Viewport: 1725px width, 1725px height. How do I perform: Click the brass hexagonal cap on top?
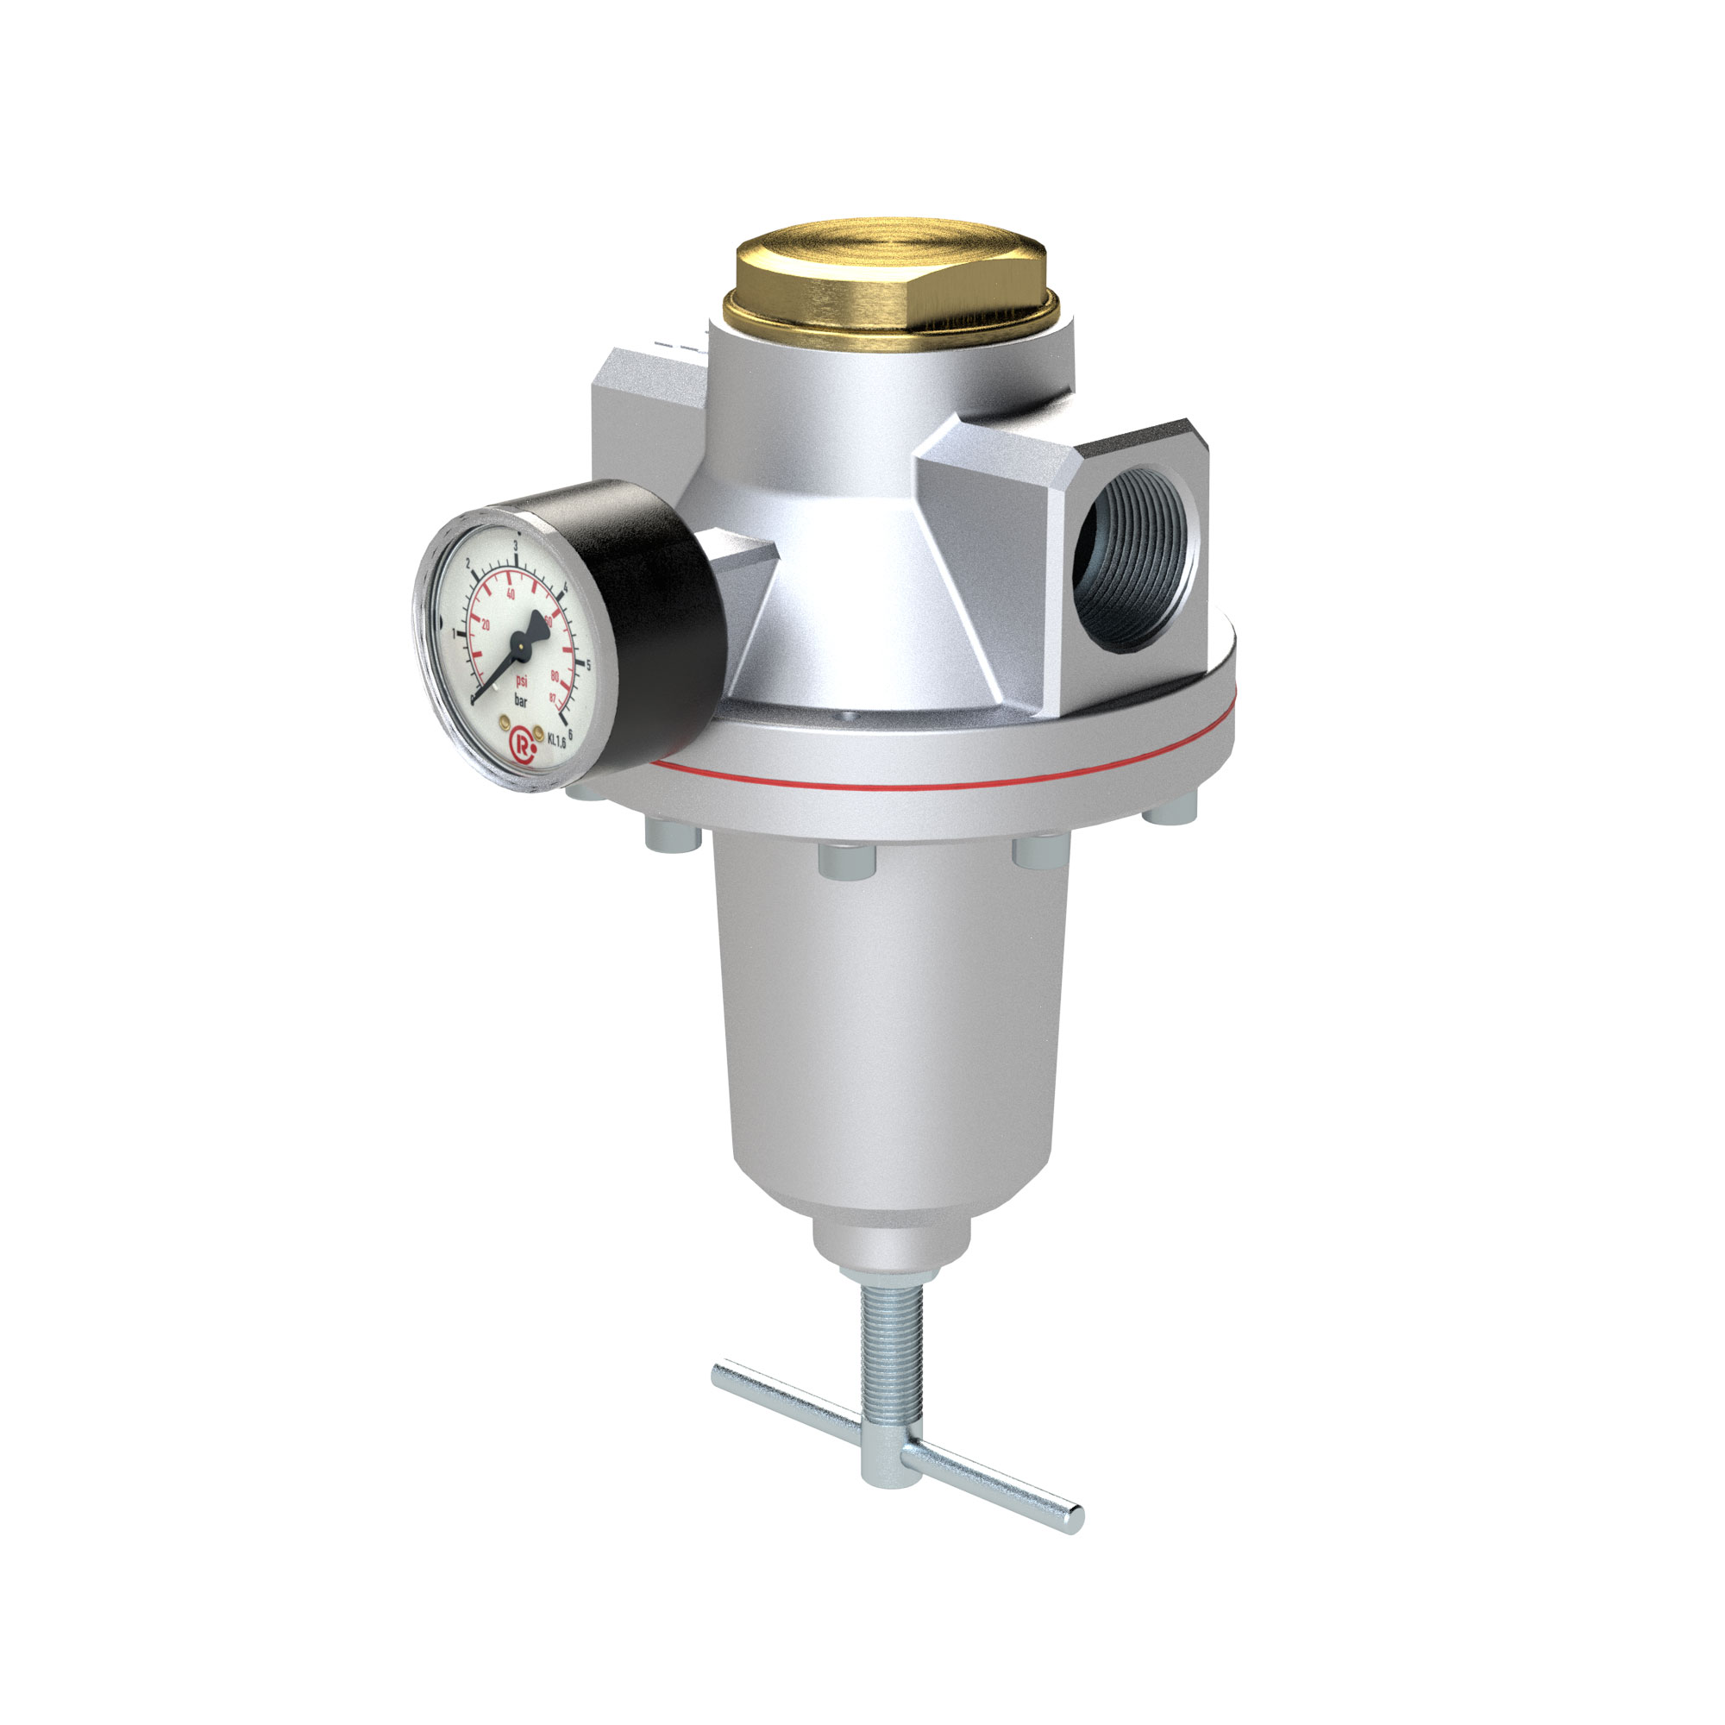[891, 272]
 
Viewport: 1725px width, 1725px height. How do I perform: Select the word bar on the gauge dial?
[522, 703]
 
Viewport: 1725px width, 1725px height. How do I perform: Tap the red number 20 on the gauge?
[486, 625]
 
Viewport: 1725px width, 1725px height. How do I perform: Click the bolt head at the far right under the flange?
[1170, 808]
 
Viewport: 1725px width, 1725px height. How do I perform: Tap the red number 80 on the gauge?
[555, 677]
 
